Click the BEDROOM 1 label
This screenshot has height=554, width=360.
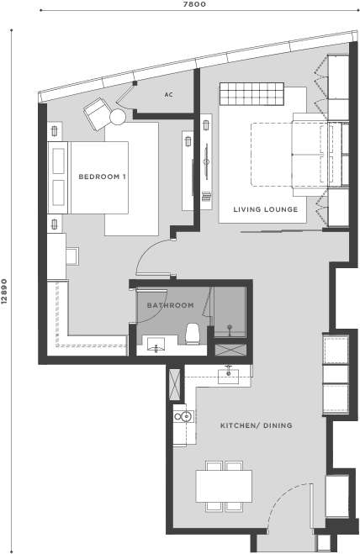[102, 177]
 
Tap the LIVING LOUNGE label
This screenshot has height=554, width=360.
[265, 209]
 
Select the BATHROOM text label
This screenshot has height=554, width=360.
[170, 305]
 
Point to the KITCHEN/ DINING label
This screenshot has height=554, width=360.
[256, 425]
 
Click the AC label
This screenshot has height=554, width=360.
[169, 95]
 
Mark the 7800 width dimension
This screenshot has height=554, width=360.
[194, 4]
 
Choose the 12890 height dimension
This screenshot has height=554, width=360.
[4, 292]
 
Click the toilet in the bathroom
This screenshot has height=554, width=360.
[193, 334]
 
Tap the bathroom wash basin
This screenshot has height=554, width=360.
[156, 345]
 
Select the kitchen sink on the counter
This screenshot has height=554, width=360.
[228, 377]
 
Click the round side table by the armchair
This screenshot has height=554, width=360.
[118, 117]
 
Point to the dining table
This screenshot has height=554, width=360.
[224, 486]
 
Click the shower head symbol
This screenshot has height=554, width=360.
[230, 329]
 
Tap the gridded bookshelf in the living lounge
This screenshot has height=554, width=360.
[251, 94]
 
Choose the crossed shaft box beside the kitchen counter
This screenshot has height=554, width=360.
[175, 384]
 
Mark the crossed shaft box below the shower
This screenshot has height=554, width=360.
[230, 350]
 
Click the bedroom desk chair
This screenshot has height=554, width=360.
[72, 256]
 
